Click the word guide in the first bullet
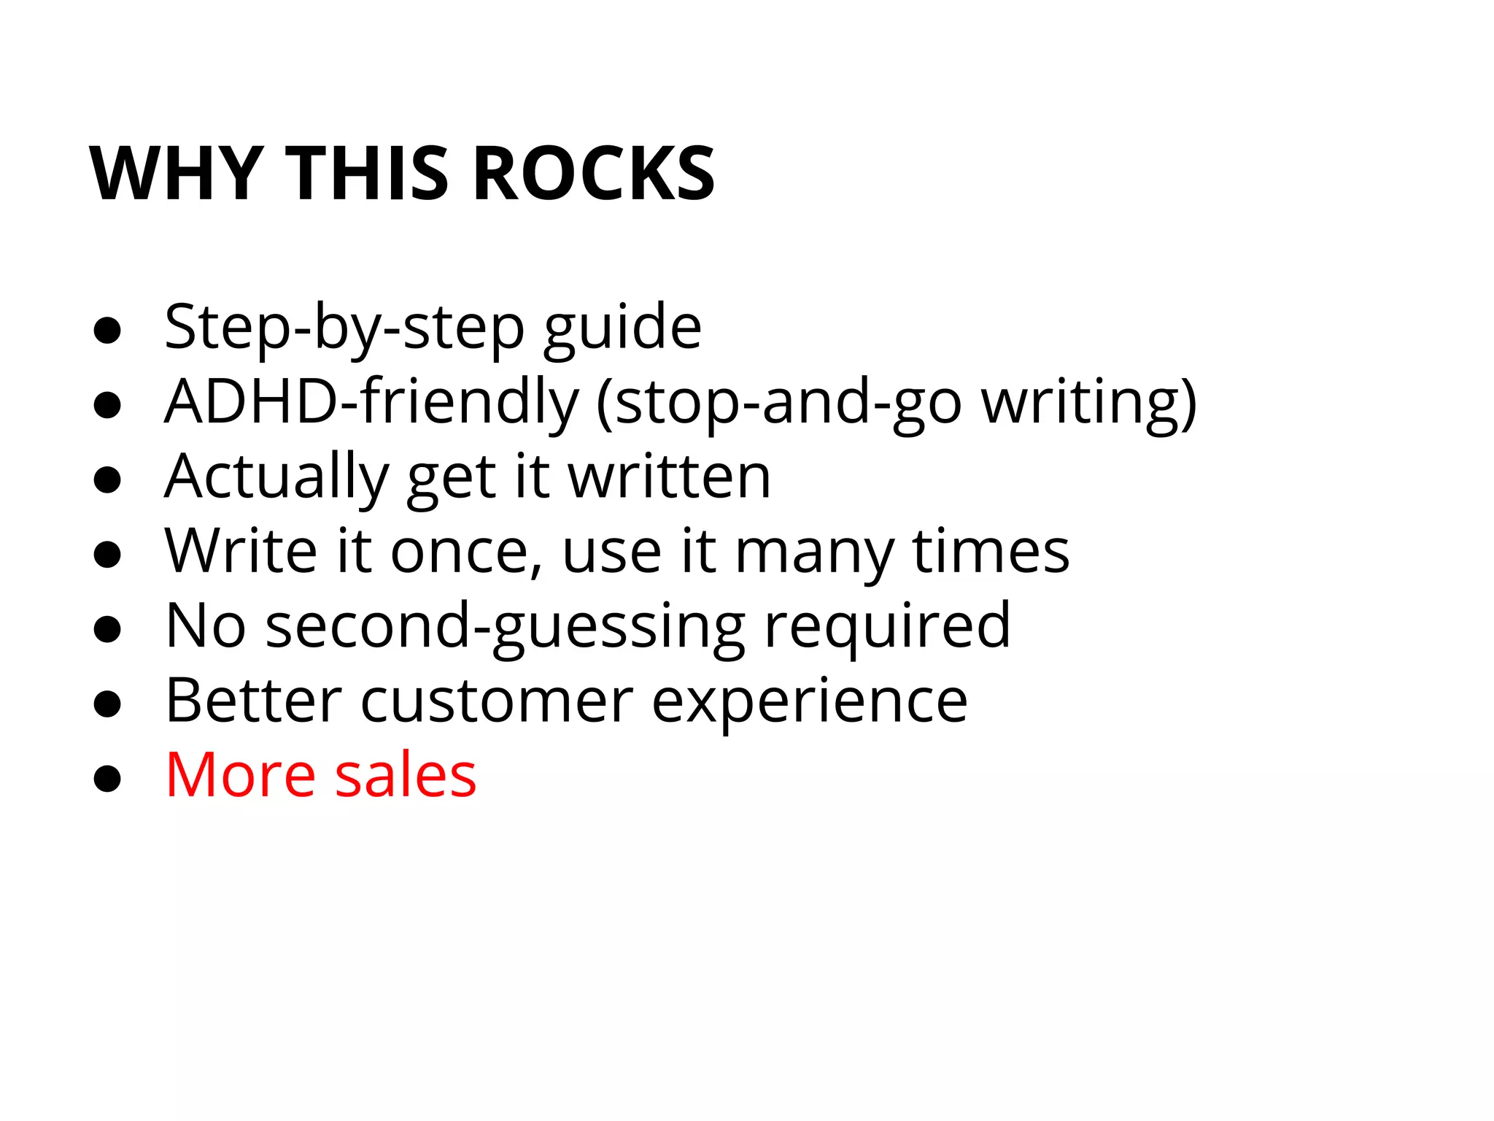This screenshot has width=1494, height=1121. (x=622, y=328)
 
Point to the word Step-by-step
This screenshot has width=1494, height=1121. (x=344, y=328)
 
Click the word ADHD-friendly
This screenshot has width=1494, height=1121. (x=371, y=403)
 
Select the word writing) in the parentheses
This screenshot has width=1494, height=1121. (x=1088, y=403)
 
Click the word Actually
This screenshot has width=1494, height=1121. (x=276, y=477)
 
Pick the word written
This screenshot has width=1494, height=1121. (x=669, y=477)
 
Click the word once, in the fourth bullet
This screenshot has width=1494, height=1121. (x=467, y=552)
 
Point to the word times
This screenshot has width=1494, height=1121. (x=991, y=552)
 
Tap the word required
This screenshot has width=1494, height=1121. (x=887, y=627)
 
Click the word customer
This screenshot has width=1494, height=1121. (x=497, y=701)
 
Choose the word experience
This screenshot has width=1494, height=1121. (x=809, y=701)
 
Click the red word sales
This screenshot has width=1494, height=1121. (x=406, y=775)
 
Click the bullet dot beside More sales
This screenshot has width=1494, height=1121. (x=107, y=779)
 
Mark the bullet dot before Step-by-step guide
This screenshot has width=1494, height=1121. (x=107, y=331)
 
